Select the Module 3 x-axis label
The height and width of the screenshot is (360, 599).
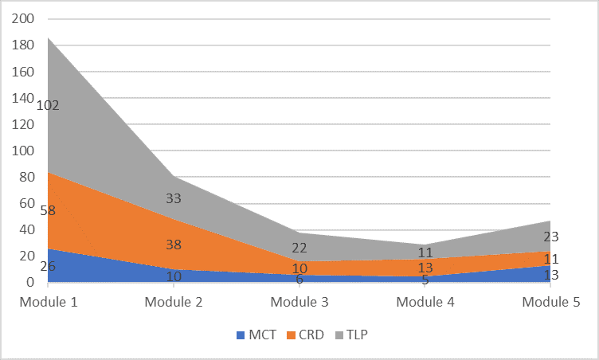(x=299, y=303)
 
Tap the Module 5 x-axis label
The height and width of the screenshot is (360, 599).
(x=551, y=303)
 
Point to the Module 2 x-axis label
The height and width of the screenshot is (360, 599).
(x=174, y=303)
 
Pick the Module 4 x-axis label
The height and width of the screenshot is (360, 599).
(x=425, y=303)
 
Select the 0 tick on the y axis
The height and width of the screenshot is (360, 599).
(x=30, y=282)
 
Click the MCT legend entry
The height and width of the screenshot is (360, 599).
(x=256, y=335)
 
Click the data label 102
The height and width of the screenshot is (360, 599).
(x=48, y=105)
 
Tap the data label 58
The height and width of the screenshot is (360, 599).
(x=48, y=211)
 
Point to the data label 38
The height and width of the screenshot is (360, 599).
(x=174, y=245)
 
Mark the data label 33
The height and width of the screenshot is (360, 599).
(x=174, y=198)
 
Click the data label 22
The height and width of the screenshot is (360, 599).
(x=299, y=248)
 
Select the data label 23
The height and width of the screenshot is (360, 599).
(x=551, y=237)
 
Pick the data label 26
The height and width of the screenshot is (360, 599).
(x=48, y=266)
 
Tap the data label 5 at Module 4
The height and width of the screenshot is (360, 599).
(x=425, y=280)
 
